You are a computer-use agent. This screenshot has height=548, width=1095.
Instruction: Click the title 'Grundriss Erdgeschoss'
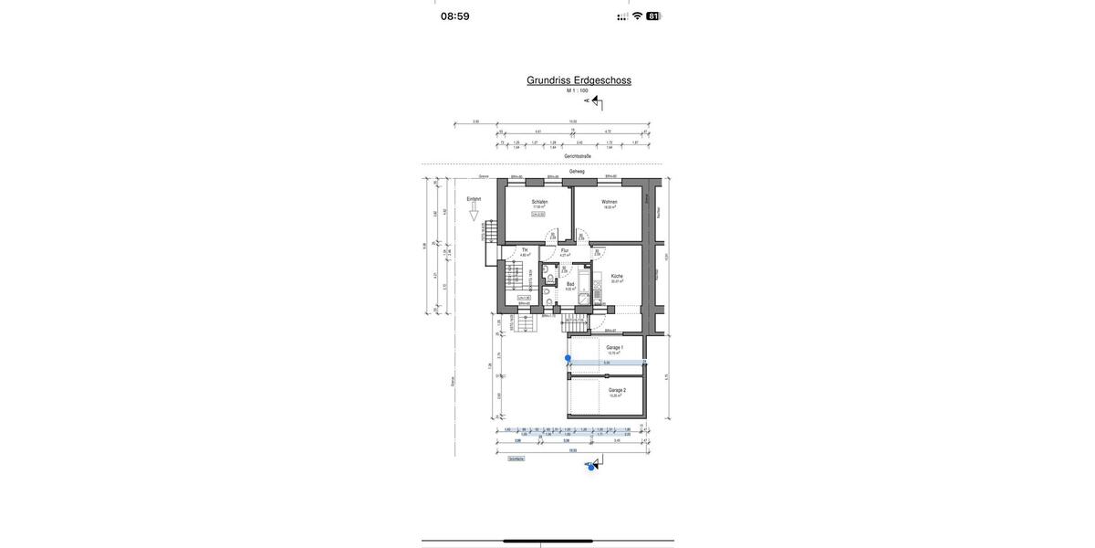tap(579, 80)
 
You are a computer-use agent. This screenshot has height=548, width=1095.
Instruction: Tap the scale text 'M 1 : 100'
tap(578, 90)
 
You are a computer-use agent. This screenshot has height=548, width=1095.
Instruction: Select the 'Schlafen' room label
tap(539, 202)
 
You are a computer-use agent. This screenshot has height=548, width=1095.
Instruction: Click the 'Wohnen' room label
tap(610, 202)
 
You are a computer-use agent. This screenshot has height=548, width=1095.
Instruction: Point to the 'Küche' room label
tap(617, 276)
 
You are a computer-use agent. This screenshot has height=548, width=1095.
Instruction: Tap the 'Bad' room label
tap(570, 284)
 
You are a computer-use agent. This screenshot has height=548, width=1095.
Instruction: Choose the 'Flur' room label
tap(565, 250)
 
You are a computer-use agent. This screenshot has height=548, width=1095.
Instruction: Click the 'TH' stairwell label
tap(525, 250)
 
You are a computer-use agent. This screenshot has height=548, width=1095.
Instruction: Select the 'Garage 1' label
tap(615, 347)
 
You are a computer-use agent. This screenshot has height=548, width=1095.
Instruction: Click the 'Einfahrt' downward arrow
tap(474, 215)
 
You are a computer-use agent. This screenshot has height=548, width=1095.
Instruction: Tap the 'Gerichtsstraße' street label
tap(578, 156)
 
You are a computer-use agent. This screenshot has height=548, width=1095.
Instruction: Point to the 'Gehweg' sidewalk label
tap(577, 171)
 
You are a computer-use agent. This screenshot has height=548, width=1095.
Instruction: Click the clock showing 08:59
tap(455, 16)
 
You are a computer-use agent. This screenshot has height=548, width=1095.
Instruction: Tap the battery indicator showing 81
tap(653, 16)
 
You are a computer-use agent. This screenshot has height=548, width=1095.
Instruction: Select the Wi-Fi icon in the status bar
tap(637, 16)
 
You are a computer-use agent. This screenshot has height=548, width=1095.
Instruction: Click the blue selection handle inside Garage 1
tap(568, 358)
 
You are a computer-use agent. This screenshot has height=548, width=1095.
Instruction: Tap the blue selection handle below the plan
tap(591, 467)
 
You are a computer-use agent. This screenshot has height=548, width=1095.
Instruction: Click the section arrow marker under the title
tap(595, 101)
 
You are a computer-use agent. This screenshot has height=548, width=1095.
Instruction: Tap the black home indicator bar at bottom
tap(547, 541)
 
